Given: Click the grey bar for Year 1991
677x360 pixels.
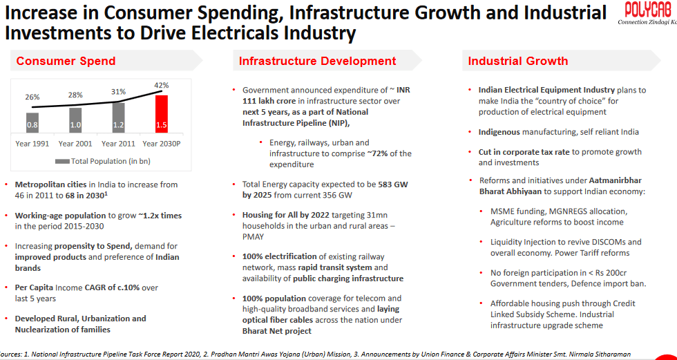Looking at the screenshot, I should pyautogui.click(x=32, y=122).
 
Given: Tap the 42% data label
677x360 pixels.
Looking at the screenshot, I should pyautogui.click(x=161, y=86).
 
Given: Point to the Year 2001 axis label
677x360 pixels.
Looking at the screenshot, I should pyautogui.click(x=75, y=144).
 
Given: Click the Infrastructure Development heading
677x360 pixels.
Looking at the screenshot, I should pyautogui.click(x=317, y=61).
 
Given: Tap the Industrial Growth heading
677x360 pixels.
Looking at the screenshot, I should pyautogui.click(x=517, y=61).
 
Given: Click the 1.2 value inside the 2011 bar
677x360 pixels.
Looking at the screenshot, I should pyautogui.click(x=118, y=125).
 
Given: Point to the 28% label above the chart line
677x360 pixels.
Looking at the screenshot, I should pyautogui.click(x=75, y=95).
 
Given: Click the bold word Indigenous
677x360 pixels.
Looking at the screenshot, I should pyautogui.click(x=503, y=131).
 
